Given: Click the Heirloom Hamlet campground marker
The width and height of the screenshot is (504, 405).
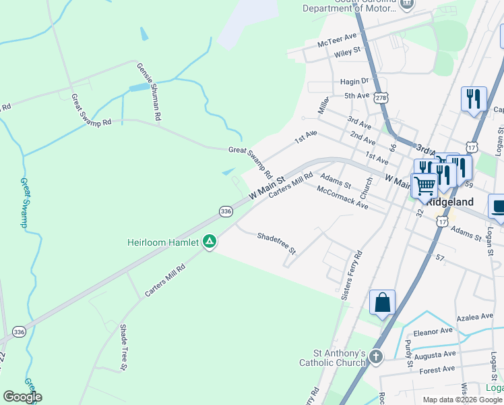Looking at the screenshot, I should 210,242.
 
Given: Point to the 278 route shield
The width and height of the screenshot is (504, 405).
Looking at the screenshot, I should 382,98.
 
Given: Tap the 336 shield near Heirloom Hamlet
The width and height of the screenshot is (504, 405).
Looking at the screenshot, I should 226,211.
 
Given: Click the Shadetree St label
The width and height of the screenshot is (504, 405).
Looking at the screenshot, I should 276,243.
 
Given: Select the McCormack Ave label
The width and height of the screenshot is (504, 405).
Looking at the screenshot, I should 343,197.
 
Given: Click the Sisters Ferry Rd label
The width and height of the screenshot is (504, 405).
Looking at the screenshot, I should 351,274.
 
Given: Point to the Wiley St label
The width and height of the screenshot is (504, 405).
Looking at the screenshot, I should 348,51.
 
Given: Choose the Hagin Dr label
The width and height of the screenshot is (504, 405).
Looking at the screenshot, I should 354,82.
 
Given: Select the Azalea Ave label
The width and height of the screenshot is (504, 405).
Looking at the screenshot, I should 475,317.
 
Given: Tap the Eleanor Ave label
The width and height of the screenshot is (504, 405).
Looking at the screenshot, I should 433,331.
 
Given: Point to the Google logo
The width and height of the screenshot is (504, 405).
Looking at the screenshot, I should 22,397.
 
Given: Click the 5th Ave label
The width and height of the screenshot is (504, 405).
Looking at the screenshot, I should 357,96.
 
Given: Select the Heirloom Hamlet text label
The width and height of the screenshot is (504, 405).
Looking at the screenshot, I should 163,242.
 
